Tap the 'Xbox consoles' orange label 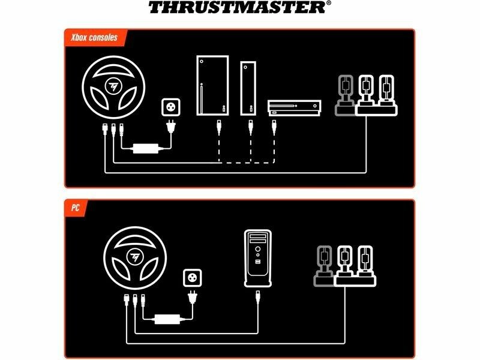(x=94, y=38)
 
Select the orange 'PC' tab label (x=76, y=208)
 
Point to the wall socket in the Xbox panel (x=171, y=107)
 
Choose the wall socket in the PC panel (x=192, y=278)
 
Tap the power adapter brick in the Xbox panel (x=146, y=148)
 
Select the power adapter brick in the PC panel (x=167, y=319)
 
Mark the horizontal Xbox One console (x=294, y=108)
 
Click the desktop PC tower (x=258, y=259)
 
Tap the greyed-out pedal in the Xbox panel (x=346, y=95)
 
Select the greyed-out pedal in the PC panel (x=324, y=266)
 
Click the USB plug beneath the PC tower (x=258, y=297)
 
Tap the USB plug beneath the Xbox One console (x=274, y=127)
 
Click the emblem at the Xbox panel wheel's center (x=113, y=86)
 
